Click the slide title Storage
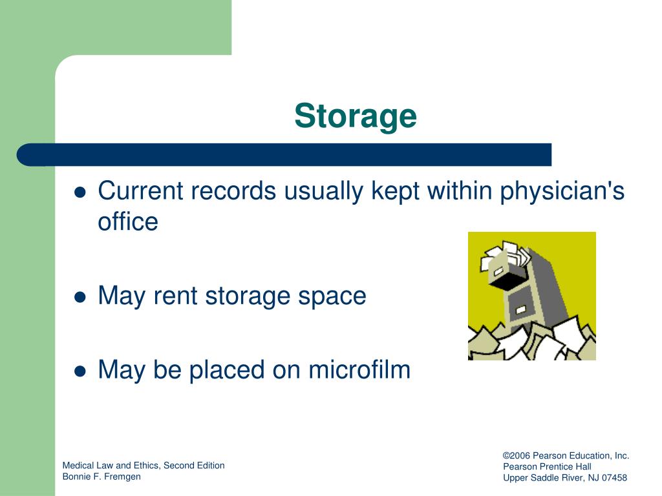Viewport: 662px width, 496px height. click(x=356, y=116)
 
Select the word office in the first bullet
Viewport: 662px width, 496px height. click(x=127, y=222)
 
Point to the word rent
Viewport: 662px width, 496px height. click(x=176, y=296)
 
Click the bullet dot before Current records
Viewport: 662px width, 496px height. click(x=80, y=193)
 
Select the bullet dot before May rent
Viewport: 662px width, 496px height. click(x=80, y=297)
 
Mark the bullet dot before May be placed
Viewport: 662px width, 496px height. click(x=80, y=371)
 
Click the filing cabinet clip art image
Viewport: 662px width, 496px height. click(x=531, y=296)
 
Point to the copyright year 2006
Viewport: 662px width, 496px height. click(x=520, y=455)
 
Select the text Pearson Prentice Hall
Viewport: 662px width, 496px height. click(x=547, y=466)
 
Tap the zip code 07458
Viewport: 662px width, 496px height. click(x=614, y=478)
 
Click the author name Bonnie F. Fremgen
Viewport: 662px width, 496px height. click(x=101, y=477)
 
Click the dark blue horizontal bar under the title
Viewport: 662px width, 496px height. click(x=284, y=154)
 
